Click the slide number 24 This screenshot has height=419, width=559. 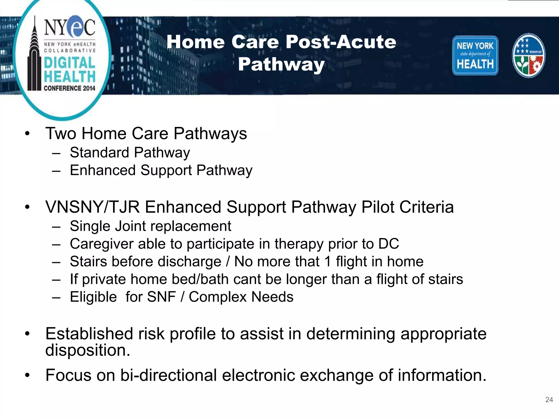coord(549,400)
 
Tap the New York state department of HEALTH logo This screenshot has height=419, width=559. coord(475,55)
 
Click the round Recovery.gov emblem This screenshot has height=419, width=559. coord(528,55)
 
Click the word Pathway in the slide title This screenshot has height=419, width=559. coord(281,64)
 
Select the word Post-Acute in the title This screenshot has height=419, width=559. coord(341,42)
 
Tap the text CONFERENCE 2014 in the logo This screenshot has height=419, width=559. coord(69,88)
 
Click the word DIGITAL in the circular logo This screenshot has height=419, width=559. coord(70,63)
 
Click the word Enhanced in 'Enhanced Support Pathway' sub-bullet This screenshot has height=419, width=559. coord(103,170)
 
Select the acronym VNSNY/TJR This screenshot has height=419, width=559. coord(93,207)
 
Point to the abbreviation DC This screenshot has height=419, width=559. coord(388,244)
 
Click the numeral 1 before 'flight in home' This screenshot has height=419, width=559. coord(328,262)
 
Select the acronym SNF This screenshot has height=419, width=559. coord(161,297)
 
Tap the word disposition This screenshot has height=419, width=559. coord(88,350)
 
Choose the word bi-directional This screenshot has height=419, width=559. coord(168,375)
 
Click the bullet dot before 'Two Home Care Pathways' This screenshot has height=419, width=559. coord(27,134)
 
